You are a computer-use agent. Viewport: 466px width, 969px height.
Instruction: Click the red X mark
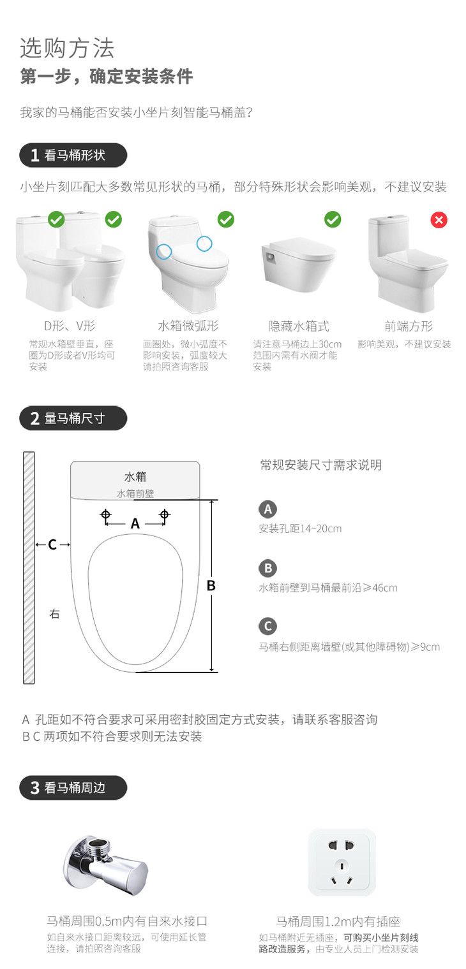439,220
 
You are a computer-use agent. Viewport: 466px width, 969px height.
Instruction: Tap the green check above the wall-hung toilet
333,220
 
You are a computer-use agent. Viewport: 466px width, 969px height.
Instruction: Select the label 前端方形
409,326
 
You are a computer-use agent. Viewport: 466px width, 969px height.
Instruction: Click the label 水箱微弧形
188,326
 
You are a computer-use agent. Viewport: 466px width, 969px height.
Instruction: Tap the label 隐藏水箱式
298,326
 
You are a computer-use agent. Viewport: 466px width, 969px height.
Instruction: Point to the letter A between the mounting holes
135,523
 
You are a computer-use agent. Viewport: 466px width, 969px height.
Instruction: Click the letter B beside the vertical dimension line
211,586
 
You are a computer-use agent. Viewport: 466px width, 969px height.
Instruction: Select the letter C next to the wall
52,544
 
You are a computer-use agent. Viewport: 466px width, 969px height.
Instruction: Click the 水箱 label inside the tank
135,477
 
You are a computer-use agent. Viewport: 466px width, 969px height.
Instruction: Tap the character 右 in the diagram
54,613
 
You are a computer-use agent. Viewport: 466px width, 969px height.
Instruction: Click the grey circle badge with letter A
267,509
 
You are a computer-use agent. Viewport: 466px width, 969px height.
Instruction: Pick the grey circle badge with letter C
267,626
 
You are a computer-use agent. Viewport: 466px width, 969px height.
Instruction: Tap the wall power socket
342,863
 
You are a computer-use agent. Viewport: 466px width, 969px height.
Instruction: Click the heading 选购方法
67,48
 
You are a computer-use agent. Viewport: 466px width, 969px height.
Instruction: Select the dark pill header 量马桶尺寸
73,418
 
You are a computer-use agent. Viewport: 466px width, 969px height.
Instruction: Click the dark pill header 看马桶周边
73,788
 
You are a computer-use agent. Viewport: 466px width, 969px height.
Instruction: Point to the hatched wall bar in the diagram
29,567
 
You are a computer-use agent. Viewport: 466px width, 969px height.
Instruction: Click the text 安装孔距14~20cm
300,528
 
